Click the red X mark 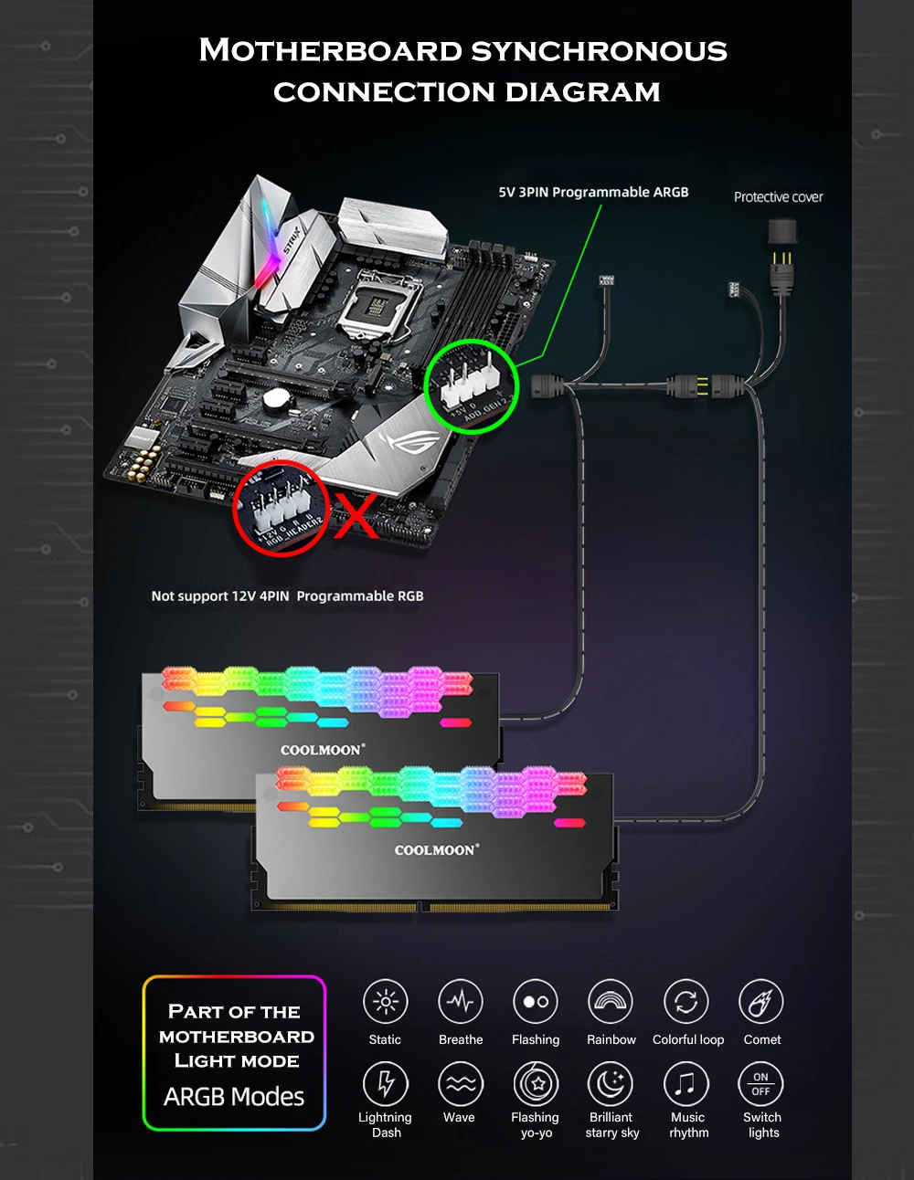(x=356, y=518)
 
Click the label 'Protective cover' (x=778, y=197)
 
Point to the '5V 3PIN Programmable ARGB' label (x=593, y=193)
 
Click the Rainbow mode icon (x=611, y=1002)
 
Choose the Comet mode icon (x=761, y=1002)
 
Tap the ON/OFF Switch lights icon (x=760, y=1084)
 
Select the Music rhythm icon (x=686, y=1084)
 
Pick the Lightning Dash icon (x=385, y=1084)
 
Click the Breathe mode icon (x=460, y=1002)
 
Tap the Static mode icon (x=385, y=1002)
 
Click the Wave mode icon (x=460, y=1084)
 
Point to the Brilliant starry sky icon (x=611, y=1084)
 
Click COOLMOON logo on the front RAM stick (x=436, y=850)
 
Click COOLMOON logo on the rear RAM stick (x=322, y=750)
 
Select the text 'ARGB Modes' (x=234, y=1097)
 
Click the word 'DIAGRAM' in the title (x=582, y=92)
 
